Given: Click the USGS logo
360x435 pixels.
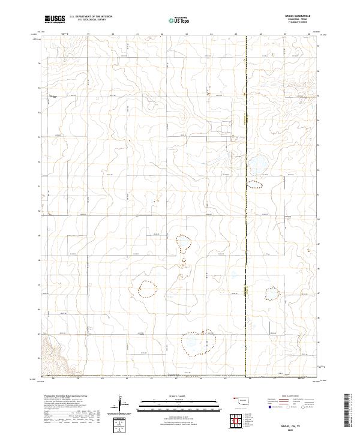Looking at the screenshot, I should (55, 19).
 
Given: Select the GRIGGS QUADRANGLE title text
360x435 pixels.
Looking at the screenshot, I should (295, 16).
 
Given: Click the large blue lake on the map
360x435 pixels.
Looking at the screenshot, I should (258, 163).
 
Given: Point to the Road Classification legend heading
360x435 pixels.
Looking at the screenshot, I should (282, 397).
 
